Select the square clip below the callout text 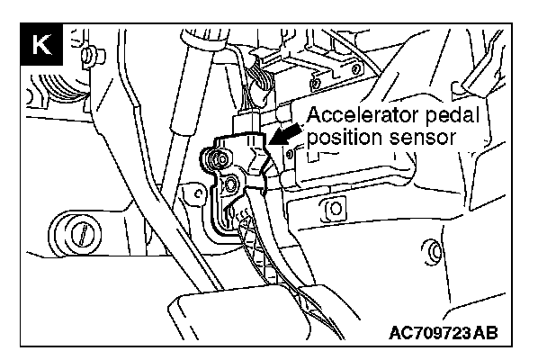coord(334,209)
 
